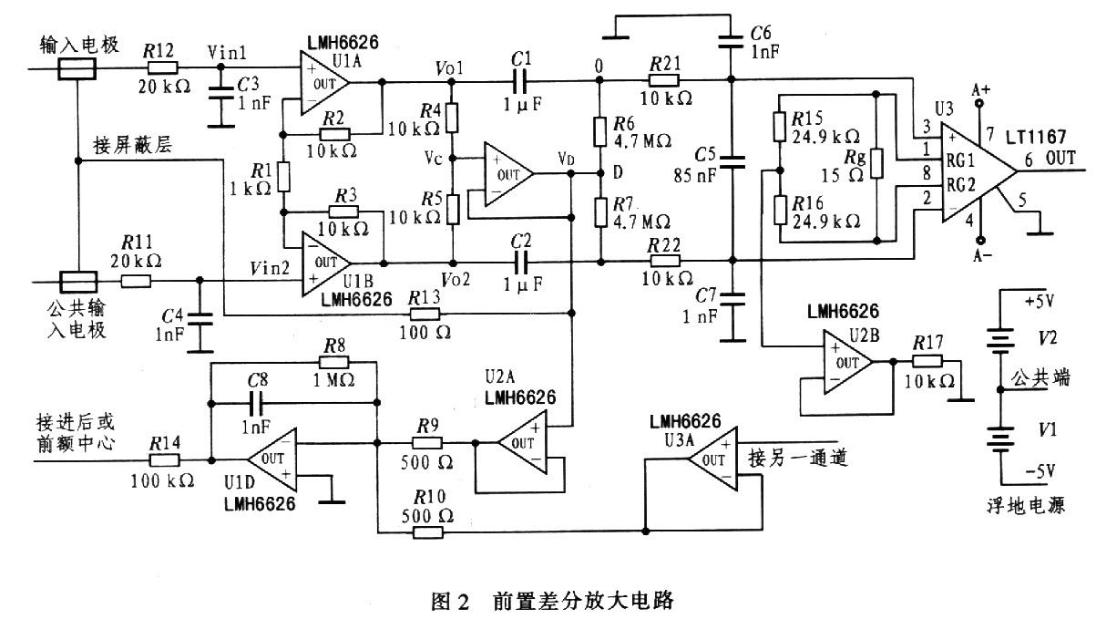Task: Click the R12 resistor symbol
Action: (x=162, y=68)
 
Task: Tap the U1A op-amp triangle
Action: (x=325, y=83)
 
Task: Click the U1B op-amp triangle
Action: (x=326, y=263)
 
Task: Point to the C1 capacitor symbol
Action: (x=520, y=82)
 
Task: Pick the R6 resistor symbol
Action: (x=600, y=132)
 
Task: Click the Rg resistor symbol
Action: (x=876, y=163)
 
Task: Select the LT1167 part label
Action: (x=1035, y=137)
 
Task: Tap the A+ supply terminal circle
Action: (x=979, y=103)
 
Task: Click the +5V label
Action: (x=1040, y=301)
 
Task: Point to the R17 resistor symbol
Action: (x=927, y=362)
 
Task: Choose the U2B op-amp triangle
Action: (x=848, y=363)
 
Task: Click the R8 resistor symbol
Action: (x=333, y=363)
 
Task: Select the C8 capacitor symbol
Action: (x=256, y=403)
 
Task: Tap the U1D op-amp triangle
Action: (x=272, y=459)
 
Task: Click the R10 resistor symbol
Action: (x=427, y=531)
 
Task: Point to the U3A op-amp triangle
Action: (x=712, y=459)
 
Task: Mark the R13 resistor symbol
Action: (x=425, y=314)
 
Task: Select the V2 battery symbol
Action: (x=999, y=340)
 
